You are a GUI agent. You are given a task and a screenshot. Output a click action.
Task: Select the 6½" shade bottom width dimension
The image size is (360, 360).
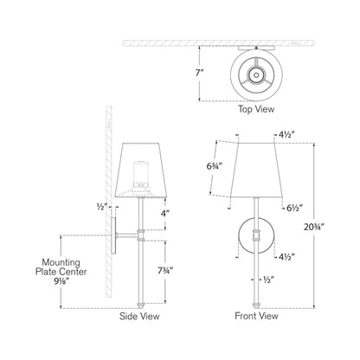[x=292, y=209]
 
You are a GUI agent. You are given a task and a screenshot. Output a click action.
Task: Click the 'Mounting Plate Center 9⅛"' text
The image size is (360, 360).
[x=51, y=269]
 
